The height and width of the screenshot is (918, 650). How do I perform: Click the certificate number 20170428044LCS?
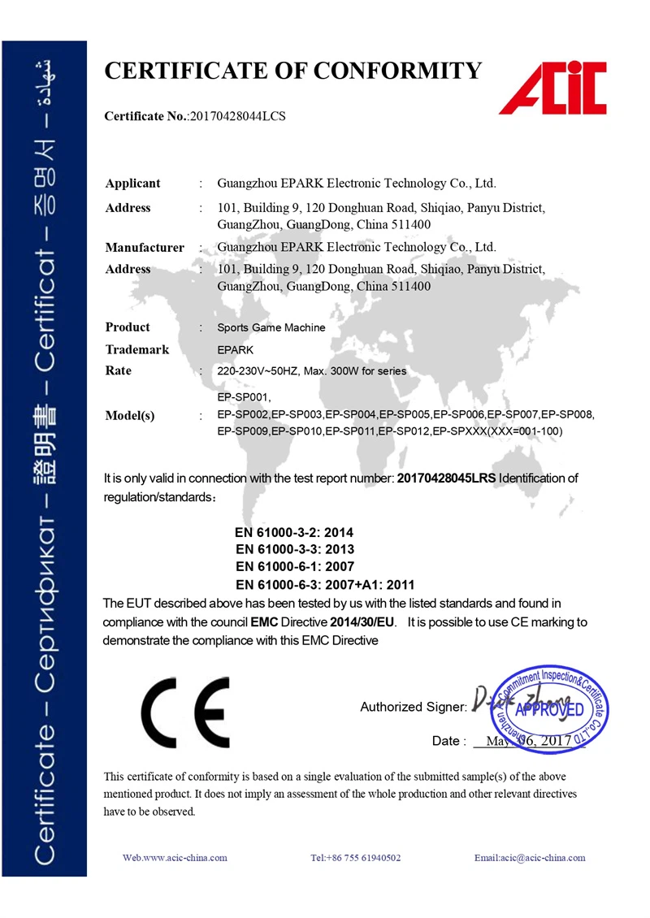click(x=236, y=117)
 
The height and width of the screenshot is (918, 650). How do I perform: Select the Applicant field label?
click(x=132, y=184)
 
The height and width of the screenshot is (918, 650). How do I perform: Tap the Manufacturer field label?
click(x=145, y=247)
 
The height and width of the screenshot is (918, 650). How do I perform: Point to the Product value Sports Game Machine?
click(x=271, y=328)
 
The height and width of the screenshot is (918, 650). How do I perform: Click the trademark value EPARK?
click(x=235, y=349)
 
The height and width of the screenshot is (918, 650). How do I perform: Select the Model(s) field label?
click(x=130, y=416)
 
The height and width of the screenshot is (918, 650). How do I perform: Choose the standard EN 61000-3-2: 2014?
click(x=294, y=533)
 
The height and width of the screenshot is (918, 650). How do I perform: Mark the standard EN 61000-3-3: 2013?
click(x=294, y=550)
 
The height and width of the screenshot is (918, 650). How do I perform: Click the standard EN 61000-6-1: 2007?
click(x=294, y=566)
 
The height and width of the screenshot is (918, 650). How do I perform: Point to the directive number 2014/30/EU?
click(x=362, y=622)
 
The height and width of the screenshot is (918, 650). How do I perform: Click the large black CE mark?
click(x=184, y=712)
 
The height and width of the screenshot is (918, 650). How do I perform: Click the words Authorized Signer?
click(x=414, y=707)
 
